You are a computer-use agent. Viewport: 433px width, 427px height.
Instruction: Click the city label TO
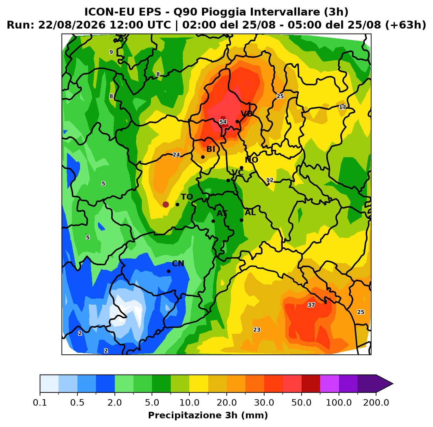click(187, 197)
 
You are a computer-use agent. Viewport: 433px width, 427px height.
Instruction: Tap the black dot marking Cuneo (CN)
click(169, 271)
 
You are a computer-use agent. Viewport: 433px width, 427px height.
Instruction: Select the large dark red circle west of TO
click(166, 205)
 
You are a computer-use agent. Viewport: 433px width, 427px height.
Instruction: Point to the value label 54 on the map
click(223, 122)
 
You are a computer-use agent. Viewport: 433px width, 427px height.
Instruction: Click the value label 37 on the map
click(311, 305)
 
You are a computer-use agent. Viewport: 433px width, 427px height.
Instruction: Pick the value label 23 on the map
click(257, 330)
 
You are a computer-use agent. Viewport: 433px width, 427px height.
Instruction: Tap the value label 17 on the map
click(342, 107)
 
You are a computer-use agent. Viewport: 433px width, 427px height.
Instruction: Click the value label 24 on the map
click(176, 155)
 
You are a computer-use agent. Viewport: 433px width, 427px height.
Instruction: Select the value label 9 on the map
click(111, 52)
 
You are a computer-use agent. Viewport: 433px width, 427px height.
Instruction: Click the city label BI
click(211, 149)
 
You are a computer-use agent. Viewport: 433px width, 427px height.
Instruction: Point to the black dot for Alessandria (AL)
click(241, 220)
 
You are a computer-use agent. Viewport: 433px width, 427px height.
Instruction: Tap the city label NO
click(251, 160)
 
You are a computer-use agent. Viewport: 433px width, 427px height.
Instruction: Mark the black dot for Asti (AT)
click(213, 221)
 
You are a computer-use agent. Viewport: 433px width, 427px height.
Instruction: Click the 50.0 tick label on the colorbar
click(301, 403)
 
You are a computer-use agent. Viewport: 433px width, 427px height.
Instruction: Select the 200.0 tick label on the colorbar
click(376, 403)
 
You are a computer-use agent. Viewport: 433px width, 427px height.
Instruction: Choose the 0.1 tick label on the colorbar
click(40, 403)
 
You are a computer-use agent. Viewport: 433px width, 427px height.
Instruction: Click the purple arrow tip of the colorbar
click(393, 384)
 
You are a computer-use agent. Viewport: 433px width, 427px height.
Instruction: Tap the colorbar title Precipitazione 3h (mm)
click(208, 415)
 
